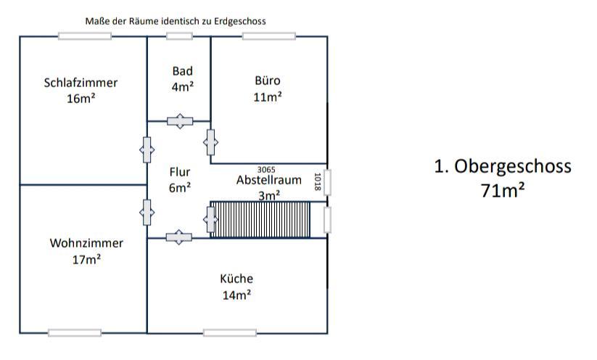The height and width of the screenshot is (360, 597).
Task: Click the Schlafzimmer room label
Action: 81,83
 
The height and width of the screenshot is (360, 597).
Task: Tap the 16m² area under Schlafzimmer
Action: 81,98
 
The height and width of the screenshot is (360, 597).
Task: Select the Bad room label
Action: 182,71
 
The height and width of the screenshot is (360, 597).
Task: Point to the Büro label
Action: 267,81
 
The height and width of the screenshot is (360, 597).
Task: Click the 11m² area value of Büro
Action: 267,97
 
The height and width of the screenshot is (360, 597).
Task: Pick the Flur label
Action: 180,172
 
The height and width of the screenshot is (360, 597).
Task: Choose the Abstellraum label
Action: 268,180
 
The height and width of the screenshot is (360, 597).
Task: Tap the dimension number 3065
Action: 267,169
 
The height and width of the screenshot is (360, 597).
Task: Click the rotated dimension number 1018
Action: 317,181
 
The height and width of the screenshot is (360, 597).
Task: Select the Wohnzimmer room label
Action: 86,243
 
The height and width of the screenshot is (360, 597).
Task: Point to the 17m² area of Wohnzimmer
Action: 86,259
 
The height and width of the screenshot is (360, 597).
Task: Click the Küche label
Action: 236,279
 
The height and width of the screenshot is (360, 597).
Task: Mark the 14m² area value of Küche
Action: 236,295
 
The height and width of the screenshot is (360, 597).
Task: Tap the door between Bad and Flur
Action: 179,121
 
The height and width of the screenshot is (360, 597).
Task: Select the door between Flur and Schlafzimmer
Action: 147,150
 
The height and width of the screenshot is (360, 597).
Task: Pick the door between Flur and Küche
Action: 179,237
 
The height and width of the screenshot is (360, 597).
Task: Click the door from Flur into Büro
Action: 211,142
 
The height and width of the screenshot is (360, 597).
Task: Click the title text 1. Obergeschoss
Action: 503,166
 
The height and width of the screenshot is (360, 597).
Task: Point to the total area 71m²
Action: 503,191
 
